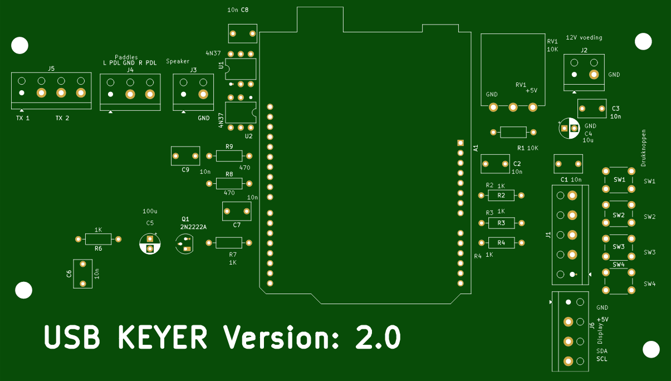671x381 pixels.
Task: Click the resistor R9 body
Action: [x=229, y=156]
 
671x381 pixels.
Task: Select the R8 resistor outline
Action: [x=229, y=183]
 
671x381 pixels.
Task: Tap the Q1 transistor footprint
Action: [x=184, y=243]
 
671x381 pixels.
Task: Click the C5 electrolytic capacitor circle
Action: [x=150, y=243]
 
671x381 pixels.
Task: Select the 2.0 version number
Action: [x=378, y=337]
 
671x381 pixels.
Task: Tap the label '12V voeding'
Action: [x=584, y=38]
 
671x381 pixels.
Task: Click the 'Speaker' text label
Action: [x=178, y=61]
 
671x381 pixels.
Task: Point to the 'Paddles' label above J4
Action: [x=126, y=57]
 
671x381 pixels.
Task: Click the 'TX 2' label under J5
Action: [x=62, y=118]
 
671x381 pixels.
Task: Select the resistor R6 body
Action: [x=98, y=239]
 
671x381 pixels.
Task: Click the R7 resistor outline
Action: [x=229, y=242]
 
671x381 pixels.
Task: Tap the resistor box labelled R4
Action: [x=501, y=242]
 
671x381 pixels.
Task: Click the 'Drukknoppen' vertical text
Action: [x=644, y=148]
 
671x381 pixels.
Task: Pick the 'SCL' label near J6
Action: [x=602, y=359]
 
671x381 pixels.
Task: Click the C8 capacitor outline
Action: [x=243, y=33]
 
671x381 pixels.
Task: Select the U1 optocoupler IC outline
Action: [x=241, y=69]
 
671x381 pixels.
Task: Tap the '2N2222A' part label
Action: [x=193, y=227]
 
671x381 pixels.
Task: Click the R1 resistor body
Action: [x=513, y=132]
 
